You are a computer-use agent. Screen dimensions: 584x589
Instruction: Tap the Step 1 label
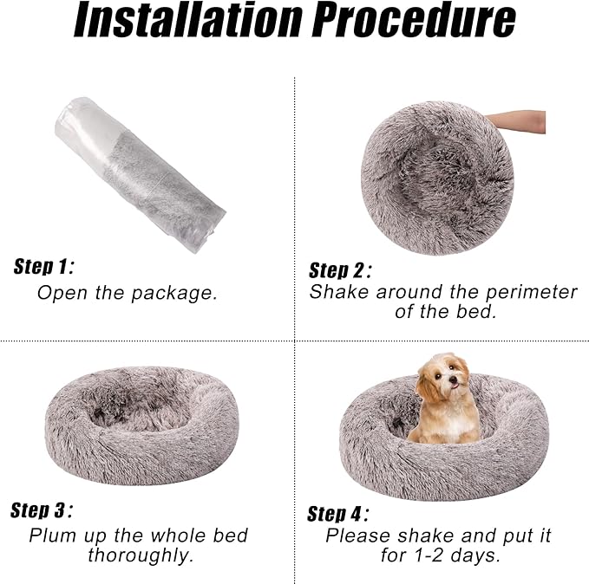[x=43, y=266]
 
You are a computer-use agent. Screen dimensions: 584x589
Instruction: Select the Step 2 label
[x=341, y=269]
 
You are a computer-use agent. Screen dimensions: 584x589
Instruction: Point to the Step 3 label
[x=42, y=510]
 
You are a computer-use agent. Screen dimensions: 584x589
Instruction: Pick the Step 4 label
[x=338, y=514]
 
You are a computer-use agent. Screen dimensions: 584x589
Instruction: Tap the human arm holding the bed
[x=519, y=121]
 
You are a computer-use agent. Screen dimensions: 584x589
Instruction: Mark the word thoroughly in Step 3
[x=141, y=555]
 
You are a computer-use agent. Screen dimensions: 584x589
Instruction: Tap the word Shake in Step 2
[x=339, y=292]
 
